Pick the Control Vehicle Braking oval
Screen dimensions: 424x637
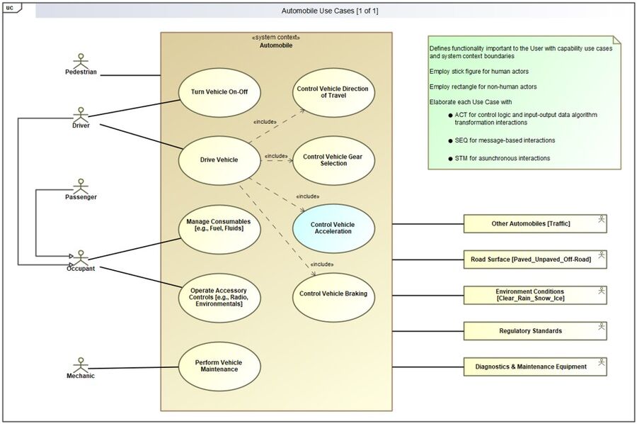point(333,293)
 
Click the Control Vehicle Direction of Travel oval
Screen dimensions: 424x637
point(333,91)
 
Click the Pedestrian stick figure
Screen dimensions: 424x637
point(80,60)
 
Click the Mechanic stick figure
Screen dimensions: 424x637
point(80,362)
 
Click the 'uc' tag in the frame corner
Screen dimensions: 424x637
point(10,8)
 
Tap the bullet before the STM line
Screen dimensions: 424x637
point(451,158)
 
